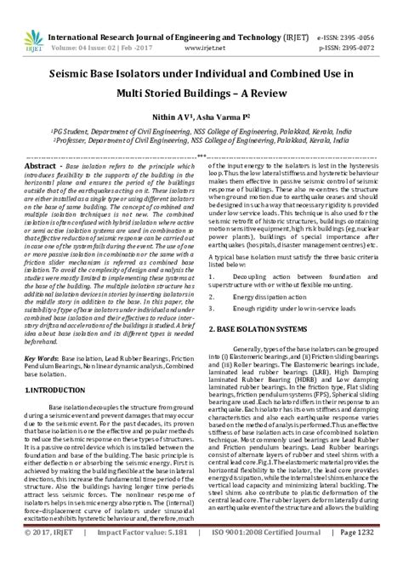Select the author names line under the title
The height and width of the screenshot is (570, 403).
pyautogui.click(x=201, y=113)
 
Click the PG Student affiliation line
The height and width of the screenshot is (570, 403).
pyautogui.click(x=201, y=134)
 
